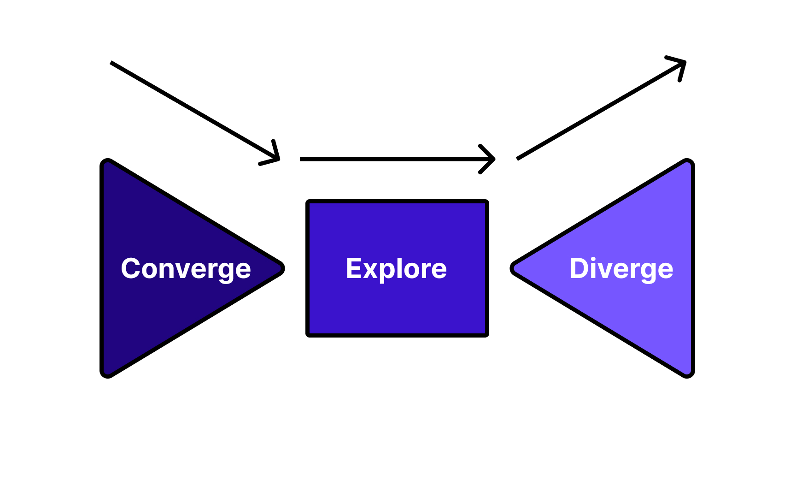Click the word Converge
186,269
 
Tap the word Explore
396,269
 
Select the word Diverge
621,269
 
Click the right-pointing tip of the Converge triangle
282,268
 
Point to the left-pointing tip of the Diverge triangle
513,268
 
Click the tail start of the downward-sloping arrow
111,62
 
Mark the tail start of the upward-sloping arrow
518,159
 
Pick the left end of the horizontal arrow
301,159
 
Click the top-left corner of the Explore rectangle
308,202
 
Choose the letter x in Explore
371,270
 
